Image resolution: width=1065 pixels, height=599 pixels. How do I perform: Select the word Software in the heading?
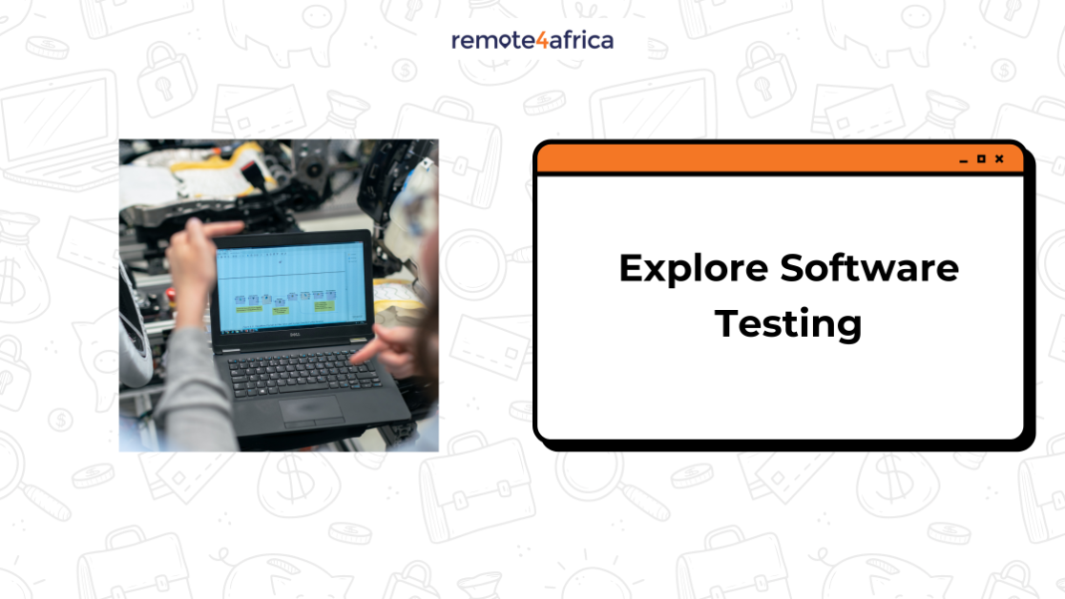point(869,268)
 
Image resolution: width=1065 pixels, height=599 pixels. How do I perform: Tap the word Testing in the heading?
point(788,324)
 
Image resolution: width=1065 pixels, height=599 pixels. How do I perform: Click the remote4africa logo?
point(532,40)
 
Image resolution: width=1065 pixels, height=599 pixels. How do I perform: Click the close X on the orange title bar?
point(999,159)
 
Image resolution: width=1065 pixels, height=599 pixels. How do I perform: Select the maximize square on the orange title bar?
point(981,159)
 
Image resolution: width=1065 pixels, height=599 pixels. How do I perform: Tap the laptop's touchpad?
point(311,409)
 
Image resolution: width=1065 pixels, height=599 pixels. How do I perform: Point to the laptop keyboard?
point(303,371)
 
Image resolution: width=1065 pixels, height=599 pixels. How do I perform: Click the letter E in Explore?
point(631,268)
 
